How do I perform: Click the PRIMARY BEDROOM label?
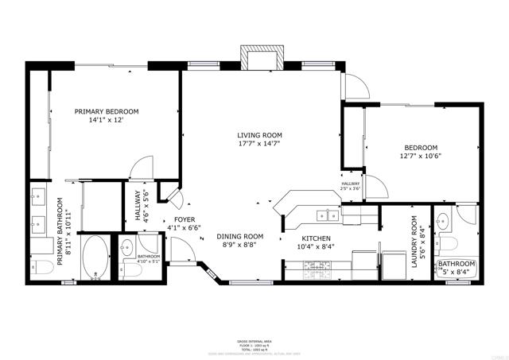point(107,111)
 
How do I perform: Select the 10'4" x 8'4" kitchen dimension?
point(317,246)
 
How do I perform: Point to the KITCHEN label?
point(317,238)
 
